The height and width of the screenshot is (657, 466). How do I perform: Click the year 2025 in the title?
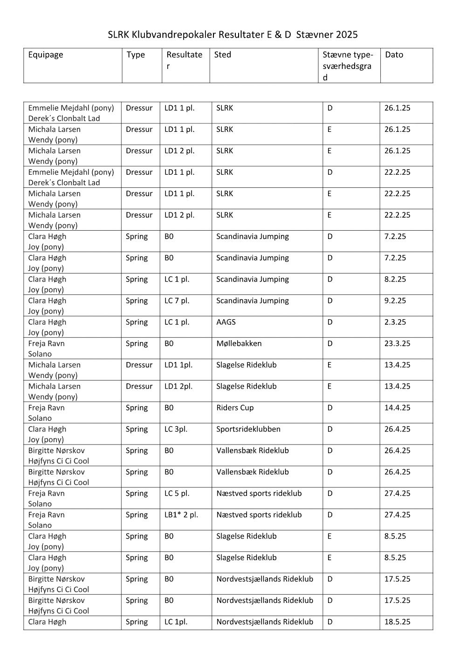(x=347, y=34)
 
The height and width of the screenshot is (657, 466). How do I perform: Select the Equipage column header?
(x=46, y=55)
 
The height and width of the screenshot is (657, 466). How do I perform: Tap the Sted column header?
(x=223, y=55)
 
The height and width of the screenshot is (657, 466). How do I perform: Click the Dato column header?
(x=394, y=55)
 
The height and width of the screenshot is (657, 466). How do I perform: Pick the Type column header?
(x=136, y=55)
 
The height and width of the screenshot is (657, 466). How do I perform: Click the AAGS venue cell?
(x=226, y=322)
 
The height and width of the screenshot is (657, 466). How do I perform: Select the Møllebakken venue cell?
(x=239, y=343)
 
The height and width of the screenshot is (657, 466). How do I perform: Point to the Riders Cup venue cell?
(x=235, y=408)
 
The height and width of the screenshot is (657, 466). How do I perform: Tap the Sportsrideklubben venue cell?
(x=248, y=429)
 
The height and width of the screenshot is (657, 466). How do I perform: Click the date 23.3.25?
(x=397, y=343)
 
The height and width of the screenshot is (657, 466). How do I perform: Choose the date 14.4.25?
(x=397, y=408)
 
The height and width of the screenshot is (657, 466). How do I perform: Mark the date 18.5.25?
(x=397, y=622)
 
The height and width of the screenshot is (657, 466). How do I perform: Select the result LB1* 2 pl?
(x=181, y=515)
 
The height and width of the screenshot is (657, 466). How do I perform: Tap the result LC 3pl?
(x=176, y=429)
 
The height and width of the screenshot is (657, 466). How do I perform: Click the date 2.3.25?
(x=395, y=322)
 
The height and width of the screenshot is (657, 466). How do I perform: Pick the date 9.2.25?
(x=395, y=301)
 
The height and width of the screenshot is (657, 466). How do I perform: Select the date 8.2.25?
(x=395, y=279)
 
